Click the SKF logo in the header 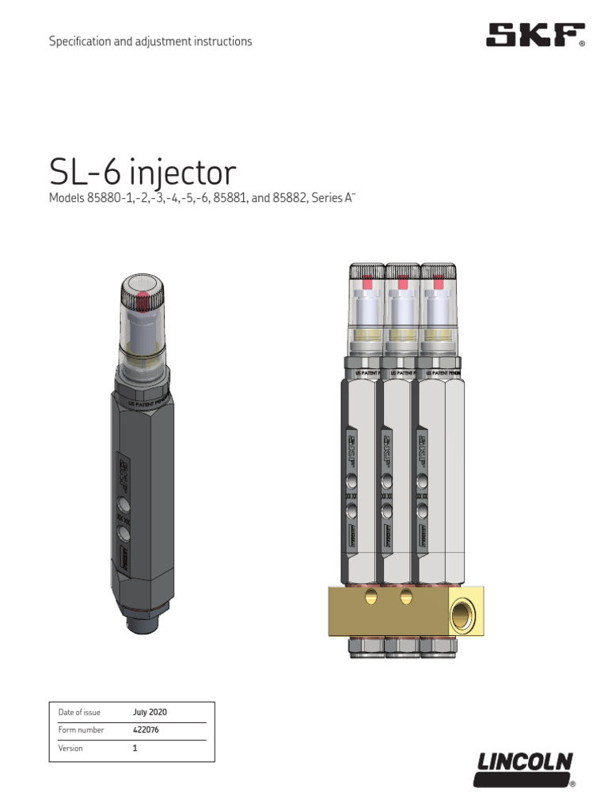pos(535,35)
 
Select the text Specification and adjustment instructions pos(150,41)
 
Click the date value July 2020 pos(150,712)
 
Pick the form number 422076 pos(146,729)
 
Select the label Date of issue pos(79,712)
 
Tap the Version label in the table pos(70,748)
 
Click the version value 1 pos(135,748)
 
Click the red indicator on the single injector pos(143,300)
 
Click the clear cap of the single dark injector pos(143,317)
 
